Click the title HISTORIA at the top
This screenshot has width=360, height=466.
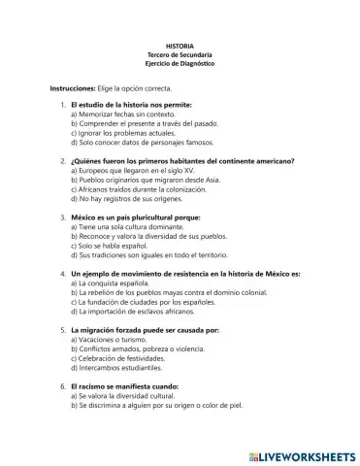(180, 46)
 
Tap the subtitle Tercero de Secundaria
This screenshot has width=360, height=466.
(180, 55)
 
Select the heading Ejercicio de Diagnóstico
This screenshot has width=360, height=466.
(180, 64)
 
